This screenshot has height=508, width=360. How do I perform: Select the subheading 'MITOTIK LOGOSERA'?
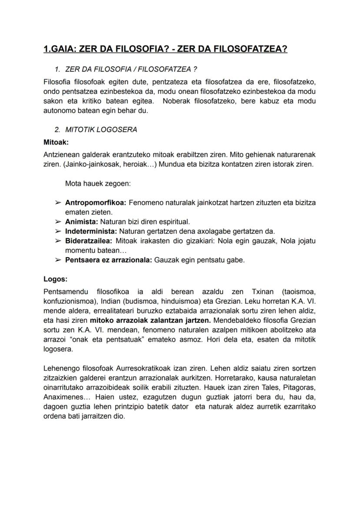(x=101, y=129)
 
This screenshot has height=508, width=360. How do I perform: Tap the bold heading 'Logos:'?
(x=56, y=279)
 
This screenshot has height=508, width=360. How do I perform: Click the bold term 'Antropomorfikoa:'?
(x=96, y=203)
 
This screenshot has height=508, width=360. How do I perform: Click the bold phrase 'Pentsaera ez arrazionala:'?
(x=109, y=260)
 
